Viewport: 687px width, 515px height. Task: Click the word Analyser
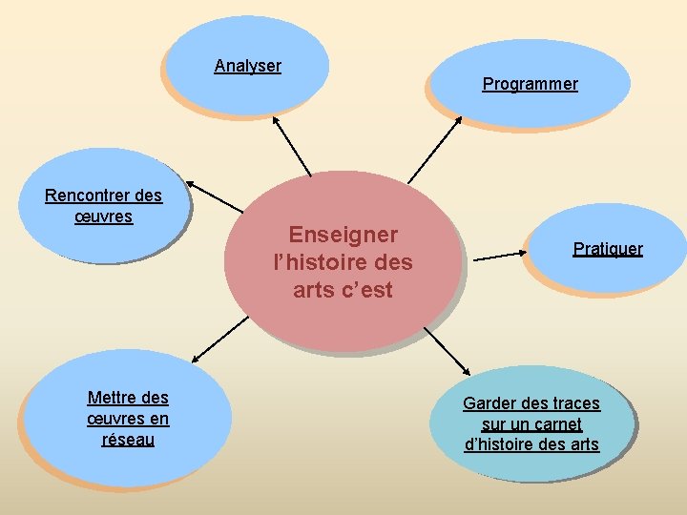click(x=247, y=66)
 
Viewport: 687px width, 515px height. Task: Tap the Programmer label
click(x=530, y=84)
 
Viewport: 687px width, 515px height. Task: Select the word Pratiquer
click(x=608, y=249)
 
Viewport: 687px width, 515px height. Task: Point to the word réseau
click(x=128, y=440)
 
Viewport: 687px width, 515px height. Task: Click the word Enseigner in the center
click(x=343, y=235)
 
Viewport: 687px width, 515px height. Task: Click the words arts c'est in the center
click(x=343, y=290)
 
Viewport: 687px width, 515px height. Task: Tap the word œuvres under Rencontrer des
click(x=103, y=216)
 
